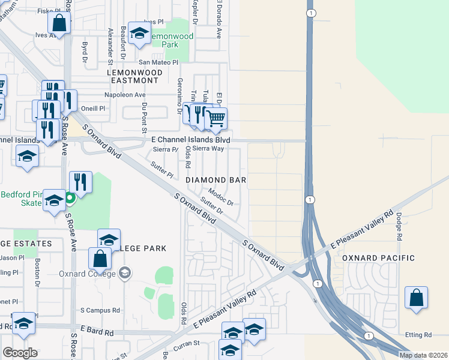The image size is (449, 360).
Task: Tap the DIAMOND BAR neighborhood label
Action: point(216,180)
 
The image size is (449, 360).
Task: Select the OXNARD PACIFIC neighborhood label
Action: point(378,258)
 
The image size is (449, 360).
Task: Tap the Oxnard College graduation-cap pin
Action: point(125,274)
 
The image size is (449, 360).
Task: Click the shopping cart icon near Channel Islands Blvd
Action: point(216,118)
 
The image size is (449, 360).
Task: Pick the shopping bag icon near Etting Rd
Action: point(416,298)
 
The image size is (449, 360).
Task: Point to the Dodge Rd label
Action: point(398,226)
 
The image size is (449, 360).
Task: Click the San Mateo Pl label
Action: point(158,62)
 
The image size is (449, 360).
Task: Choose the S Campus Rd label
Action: point(100,311)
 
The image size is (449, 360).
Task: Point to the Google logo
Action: point(20,353)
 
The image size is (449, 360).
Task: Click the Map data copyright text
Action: point(423,355)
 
